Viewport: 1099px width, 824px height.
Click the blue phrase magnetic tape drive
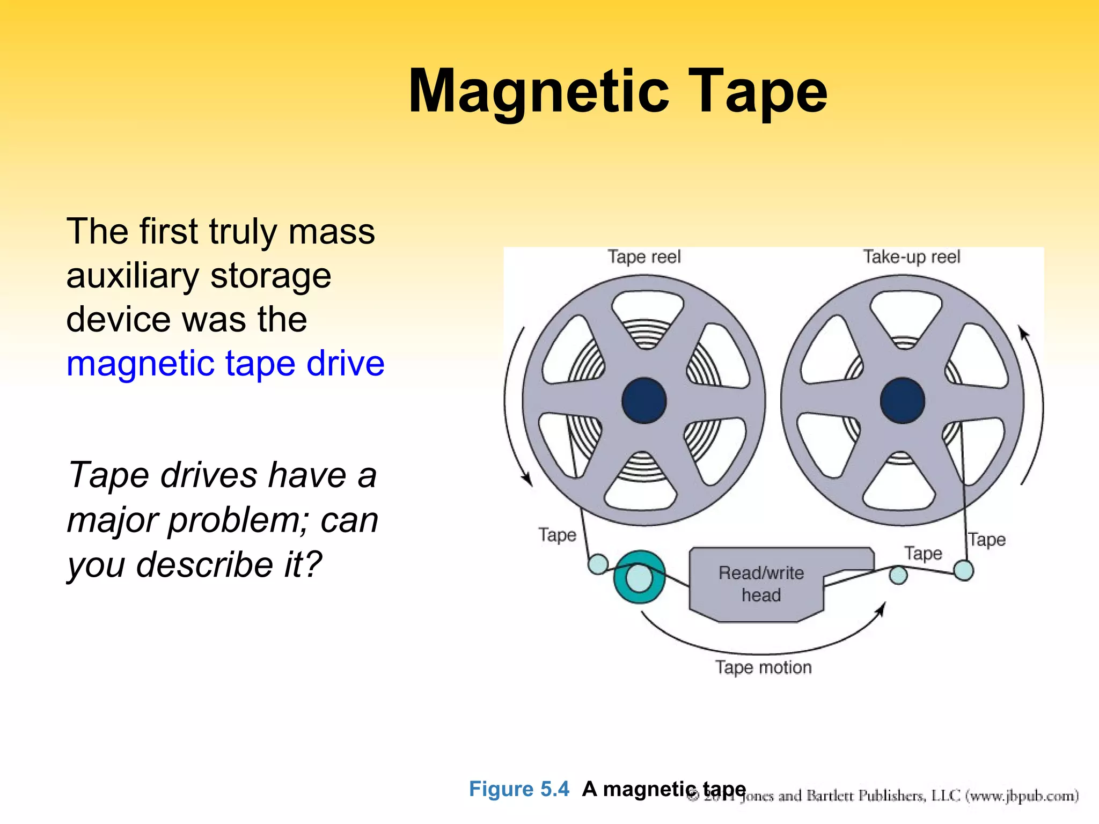(x=225, y=363)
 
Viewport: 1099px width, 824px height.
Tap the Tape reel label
(x=643, y=256)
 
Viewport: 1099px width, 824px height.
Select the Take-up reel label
(x=911, y=256)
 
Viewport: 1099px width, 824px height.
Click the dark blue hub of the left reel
(x=644, y=400)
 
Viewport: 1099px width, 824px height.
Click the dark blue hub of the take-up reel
(x=903, y=400)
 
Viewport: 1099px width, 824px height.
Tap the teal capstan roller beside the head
(x=639, y=578)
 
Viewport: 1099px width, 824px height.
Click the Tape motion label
(x=763, y=667)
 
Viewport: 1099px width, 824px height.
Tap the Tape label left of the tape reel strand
(x=557, y=535)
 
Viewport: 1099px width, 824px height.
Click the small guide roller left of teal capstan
(x=598, y=564)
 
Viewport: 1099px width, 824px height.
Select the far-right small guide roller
(x=964, y=570)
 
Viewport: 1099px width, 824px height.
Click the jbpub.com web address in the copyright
(x=1022, y=795)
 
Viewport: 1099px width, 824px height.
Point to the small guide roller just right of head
(x=898, y=576)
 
